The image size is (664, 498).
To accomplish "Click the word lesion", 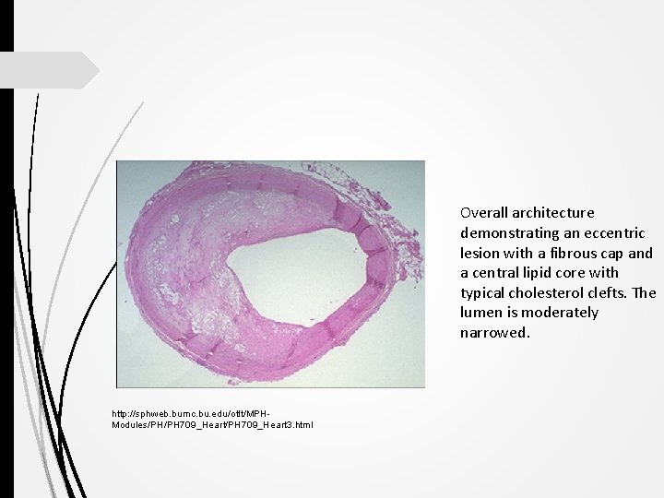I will (480, 254).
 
